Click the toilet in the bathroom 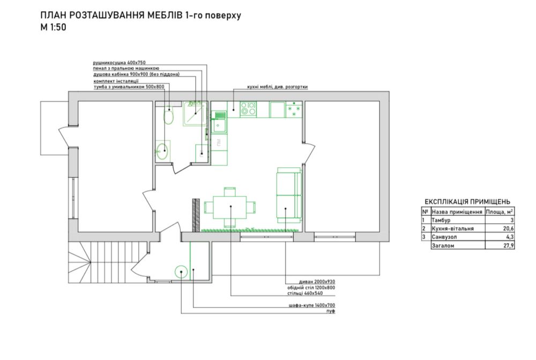pyautogui.click(x=168, y=116)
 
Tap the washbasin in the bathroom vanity pyautogui.click(x=162, y=151)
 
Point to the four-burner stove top pyautogui.click(x=249, y=109)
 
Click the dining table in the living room pyautogui.click(x=230, y=207)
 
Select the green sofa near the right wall pyautogui.click(x=289, y=193)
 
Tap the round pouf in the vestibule pyautogui.click(x=181, y=272)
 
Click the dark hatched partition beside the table pyautogui.click(x=196, y=215)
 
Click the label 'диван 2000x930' pyautogui.click(x=317, y=282)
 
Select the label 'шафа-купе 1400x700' pyautogui.click(x=311, y=305)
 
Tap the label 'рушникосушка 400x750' pyautogui.click(x=120, y=63)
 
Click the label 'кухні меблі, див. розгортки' pyautogui.click(x=277, y=87)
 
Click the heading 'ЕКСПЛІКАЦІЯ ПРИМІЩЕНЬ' pyautogui.click(x=467, y=201)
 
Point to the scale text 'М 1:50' pyautogui.click(x=53, y=27)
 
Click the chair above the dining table pyautogui.click(x=230, y=191)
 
